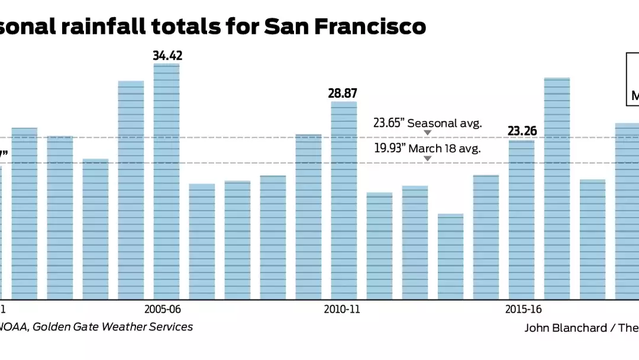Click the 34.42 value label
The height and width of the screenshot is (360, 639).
click(x=167, y=56)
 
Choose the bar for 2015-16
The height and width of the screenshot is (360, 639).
click(x=522, y=219)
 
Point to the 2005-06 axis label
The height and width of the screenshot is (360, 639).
click(x=162, y=309)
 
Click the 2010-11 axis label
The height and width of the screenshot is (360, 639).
click(x=342, y=309)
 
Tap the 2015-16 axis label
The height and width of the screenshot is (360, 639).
click(x=523, y=309)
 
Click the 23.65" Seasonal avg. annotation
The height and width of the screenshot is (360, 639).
click(x=428, y=123)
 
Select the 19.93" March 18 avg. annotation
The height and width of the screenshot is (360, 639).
click(x=427, y=148)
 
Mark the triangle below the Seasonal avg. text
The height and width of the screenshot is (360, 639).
click(x=428, y=133)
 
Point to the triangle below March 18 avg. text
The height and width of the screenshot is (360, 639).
click(x=428, y=158)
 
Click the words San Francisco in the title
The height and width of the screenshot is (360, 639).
click(x=344, y=27)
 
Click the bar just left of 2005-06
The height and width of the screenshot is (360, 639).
click(x=131, y=189)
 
